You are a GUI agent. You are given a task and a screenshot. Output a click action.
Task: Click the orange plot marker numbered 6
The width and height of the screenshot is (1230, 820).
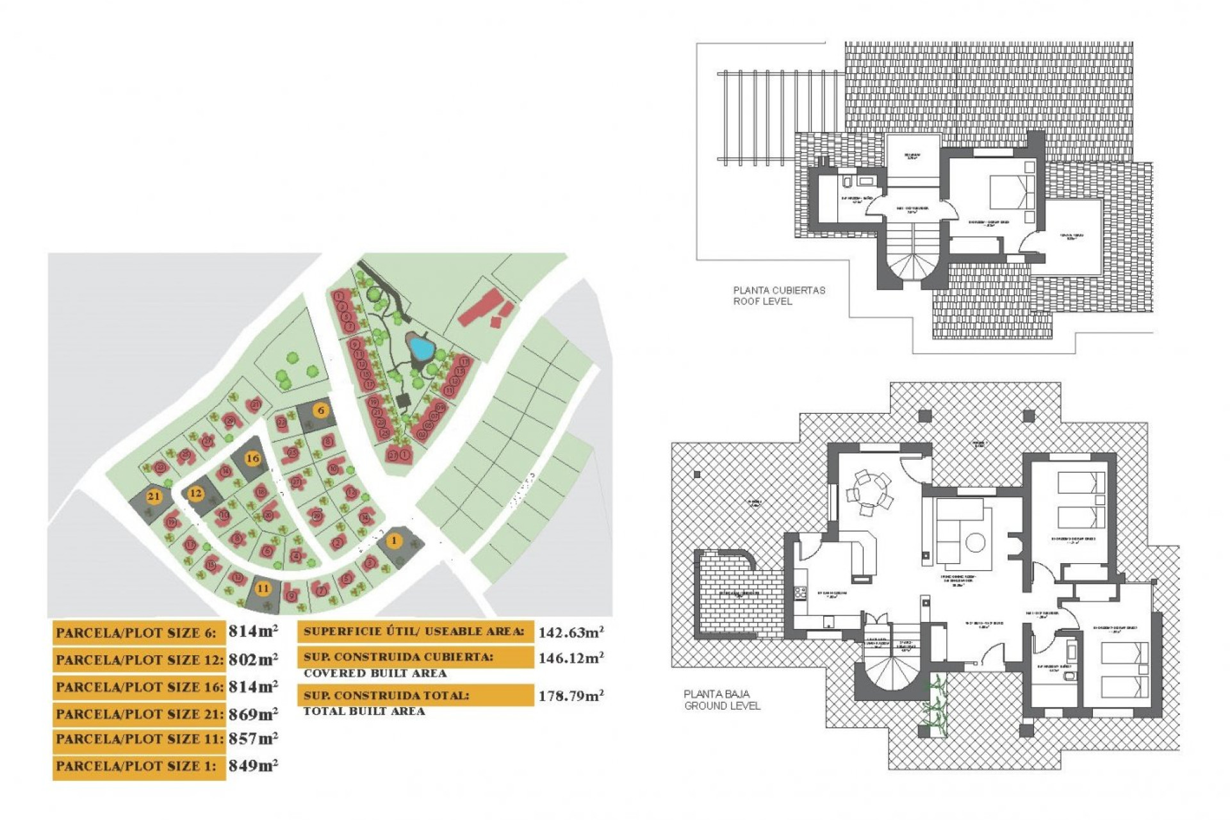pyautogui.click(x=321, y=411)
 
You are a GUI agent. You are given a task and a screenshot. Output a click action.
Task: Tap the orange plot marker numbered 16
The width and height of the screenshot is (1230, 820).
pyautogui.click(x=253, y=458)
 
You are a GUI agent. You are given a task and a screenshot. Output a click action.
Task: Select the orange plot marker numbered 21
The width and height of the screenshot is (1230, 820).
pyautogui.click(x=153, y=496)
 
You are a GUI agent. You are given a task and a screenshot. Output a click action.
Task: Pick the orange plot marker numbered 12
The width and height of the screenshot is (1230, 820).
pyautogui.click(x=196, y=493)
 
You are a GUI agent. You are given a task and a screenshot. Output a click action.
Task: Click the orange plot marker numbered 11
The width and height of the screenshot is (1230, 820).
pyautogui.click(x=263, y=588)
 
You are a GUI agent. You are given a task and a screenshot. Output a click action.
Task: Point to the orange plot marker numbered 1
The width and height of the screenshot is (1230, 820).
pyautogui.click(x=394, y=541)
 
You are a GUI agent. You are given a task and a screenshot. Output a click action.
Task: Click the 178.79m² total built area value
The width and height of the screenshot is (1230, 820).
pyautogui.click(x=571, y=696)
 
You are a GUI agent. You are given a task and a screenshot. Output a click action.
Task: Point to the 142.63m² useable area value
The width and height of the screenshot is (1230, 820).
pyautogui.click(x=571, y=632)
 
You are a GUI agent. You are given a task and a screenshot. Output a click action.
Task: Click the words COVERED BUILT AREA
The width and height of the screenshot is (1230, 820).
pyautogui.click(x=375, y=673)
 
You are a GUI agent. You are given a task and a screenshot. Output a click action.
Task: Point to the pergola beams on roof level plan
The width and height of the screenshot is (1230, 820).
pyautogui.click(x=778, y=119)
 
